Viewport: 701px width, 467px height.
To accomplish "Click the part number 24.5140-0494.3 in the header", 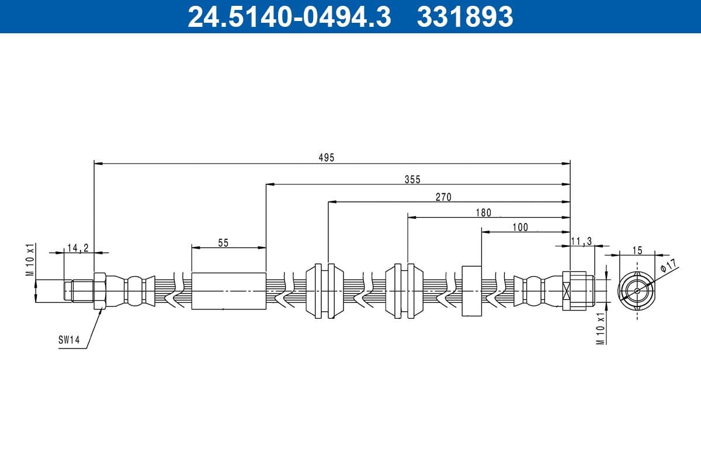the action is pos(290,17).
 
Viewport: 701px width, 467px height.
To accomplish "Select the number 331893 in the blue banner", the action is pos(465,17).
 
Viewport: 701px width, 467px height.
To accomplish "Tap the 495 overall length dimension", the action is pos(327,158).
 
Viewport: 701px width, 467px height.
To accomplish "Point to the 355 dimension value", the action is pos(412,180).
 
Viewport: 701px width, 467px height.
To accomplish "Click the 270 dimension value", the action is pos(443,197).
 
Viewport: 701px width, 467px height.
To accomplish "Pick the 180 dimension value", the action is pos(484,212).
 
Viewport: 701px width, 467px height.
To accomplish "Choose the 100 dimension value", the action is pos(520,228).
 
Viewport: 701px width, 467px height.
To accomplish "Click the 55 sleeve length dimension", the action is pos(223,243).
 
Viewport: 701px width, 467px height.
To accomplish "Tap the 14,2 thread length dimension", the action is pos(78,248).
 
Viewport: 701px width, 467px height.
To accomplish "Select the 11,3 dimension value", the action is pos(581,242).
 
